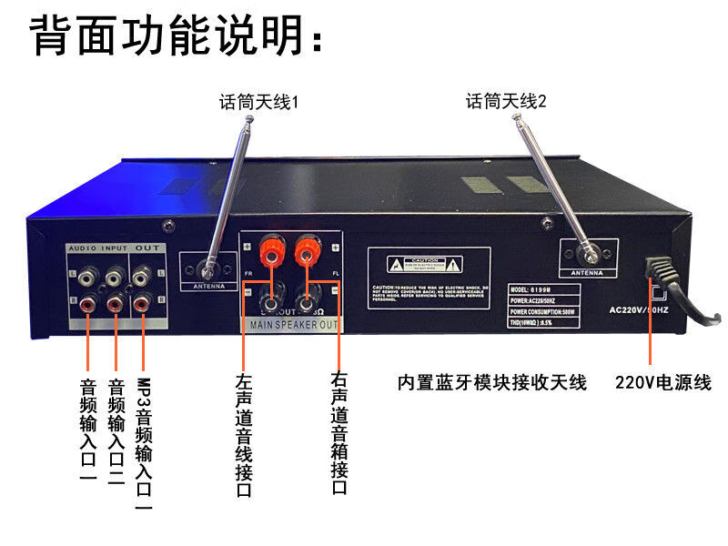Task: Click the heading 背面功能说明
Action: click(178, 36)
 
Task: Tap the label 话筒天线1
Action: click(258, 103)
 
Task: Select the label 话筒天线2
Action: click(507, 101)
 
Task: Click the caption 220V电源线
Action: click(662, 382)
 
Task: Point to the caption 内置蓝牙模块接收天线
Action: click(492, 382)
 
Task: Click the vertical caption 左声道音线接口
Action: click(243, 436)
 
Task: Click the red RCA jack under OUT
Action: click(143, 304)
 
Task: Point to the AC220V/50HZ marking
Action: click(639, 309)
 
